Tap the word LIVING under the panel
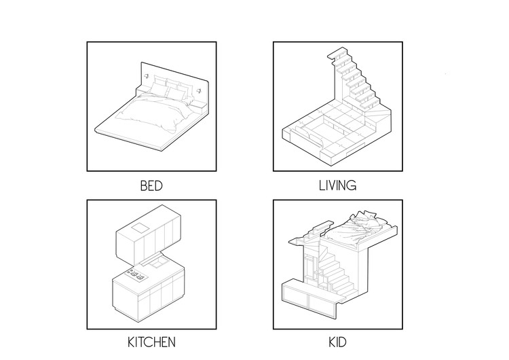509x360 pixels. (x=337, y=185)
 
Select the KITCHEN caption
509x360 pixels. (x=151, y=342)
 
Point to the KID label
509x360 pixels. (x=337, y=342)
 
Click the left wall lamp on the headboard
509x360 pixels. (x=148, y=75)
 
